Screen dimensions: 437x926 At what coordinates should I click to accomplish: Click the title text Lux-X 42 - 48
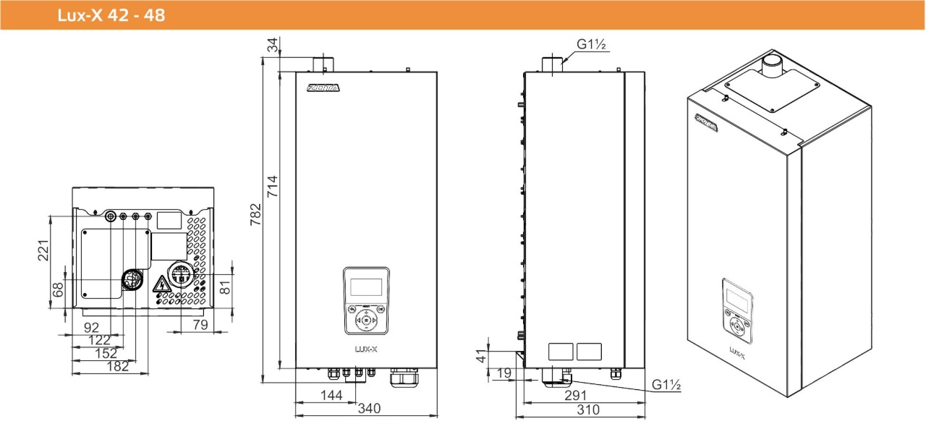pyautogui.click(x=112, y=15)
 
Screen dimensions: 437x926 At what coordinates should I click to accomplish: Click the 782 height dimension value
pyautogui.click(x=255, y=215)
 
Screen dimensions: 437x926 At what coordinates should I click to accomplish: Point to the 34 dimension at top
pyautogui.click(x=273, y=47)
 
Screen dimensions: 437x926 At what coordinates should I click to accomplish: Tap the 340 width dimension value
pyautogui.click(x=369, y=409)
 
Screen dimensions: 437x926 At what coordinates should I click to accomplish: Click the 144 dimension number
pyautogui.click(x=331, y=394)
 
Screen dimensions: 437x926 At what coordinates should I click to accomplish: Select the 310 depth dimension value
pyautogui.click(x=588, y=410)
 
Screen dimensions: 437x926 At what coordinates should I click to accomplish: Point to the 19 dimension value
pyautogui.click(x=504, y=374)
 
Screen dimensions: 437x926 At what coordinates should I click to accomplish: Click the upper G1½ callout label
pyautogui.click(x=591, y=45)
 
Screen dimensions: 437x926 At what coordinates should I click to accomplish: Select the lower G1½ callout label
pyautogui.click(x=666, y=386)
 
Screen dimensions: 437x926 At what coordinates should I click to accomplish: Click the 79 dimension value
pyautogui.click(x=200, y=325)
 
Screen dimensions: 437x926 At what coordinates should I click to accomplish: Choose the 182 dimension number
pyautogui.click(x=116, y=366)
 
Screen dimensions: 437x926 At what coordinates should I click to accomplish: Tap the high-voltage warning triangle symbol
pyautogui.click(x=158, y=283)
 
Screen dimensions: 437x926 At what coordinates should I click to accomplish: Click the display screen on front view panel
pyautogui.click(x=366, y=287)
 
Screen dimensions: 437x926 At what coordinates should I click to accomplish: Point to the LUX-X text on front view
pyautogui.click(x=366, y=348)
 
